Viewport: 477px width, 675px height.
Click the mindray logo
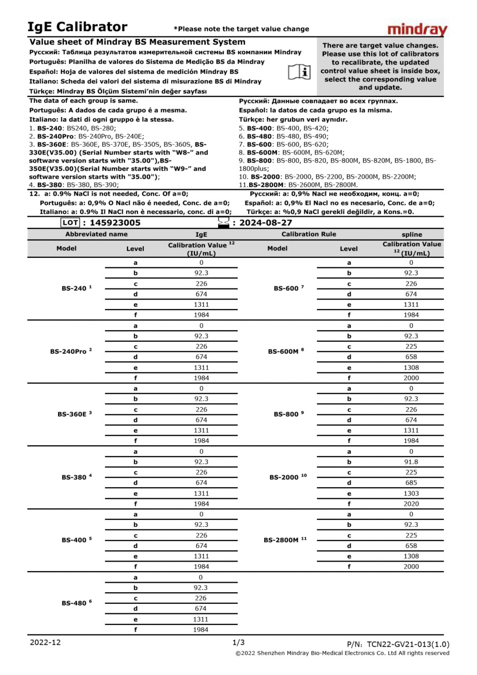tap(417, 30)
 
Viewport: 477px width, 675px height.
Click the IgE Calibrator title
tap(77, 27)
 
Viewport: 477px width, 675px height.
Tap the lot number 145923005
tap(114, 223)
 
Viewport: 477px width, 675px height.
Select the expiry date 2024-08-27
tap(266, 223)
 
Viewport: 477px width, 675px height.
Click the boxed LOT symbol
tap(70, 223)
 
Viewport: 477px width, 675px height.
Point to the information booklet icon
tap(301, 71)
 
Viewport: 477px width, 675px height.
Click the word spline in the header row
tap(411, 234)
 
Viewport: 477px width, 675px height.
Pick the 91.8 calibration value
tap(411, 462)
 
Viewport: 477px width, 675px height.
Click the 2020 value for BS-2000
tap(411, 504)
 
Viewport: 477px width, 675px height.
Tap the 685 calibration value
tap(411, 483)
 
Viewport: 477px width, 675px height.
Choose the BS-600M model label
tap(286, 351)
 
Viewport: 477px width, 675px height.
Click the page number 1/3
tap(238, 642)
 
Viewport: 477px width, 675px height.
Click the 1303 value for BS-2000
tap(411, 493)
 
